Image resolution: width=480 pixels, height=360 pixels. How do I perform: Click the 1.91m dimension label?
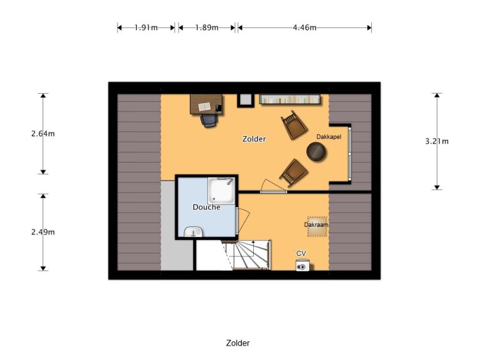pos(146,27)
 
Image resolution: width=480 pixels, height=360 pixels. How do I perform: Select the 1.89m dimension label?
pos(206,27)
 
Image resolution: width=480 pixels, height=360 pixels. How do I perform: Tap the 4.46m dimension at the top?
pos(304,27)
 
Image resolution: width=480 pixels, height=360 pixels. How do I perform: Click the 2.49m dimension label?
pos(43,232)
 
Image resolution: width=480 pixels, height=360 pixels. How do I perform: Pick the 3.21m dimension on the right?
pos(437,141)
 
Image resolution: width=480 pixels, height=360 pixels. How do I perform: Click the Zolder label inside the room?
pos(254,139)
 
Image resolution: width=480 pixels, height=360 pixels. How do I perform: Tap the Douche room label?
pos(206,207)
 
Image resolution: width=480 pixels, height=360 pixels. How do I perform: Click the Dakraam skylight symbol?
pos(317,226)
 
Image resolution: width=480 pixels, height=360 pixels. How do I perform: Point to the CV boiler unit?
pos(302,266)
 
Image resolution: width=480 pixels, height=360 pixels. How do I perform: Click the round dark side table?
pos(316,151)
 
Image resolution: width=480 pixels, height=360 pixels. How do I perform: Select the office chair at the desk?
pos(209,119)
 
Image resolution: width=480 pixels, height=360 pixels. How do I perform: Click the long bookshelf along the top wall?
pos(290,99)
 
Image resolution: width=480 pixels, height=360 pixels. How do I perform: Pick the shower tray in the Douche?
pos(221,191)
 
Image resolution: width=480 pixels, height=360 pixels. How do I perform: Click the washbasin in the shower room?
pos(193,232)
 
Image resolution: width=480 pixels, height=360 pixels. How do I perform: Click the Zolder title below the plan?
pos(237,343)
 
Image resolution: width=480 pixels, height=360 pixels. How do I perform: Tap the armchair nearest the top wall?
pos(291,125)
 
